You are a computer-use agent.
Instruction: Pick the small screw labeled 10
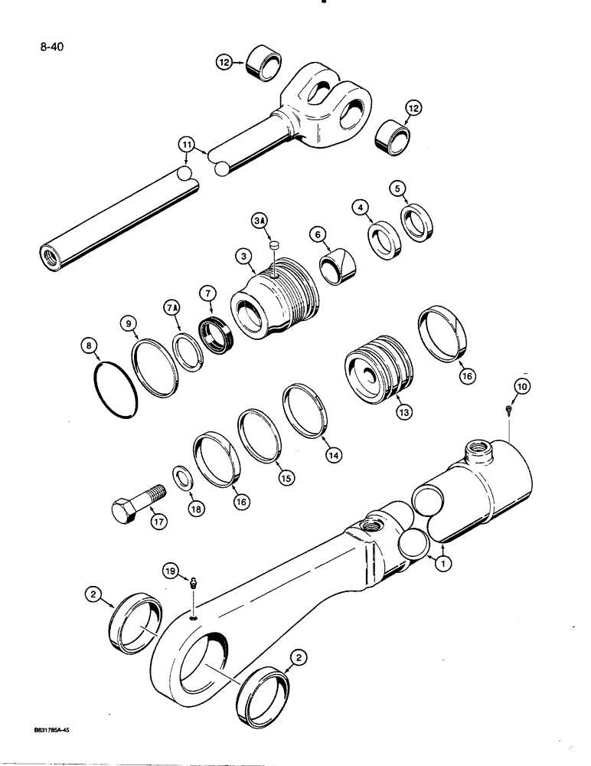(x=511, y=412)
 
